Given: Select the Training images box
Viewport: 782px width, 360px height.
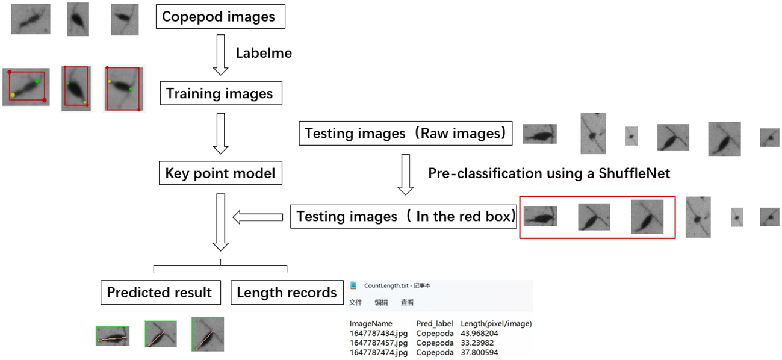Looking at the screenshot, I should pyautogui.click(x=220, y=94).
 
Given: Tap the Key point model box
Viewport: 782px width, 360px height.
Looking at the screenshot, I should pyautogui.click(x=220, y=174).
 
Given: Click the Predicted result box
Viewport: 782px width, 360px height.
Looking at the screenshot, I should pyautogui.click(x=160, y=293).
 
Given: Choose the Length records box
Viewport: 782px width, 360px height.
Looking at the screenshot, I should pyautogui.click(x=287, y=293).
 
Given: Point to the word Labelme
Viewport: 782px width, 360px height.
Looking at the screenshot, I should pyautogui.click(x=264, y=53).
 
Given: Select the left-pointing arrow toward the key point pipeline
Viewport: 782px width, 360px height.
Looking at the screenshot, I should pyautogui.click(x=258, y=217).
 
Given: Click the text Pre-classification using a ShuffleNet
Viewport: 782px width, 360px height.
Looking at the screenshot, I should pyautogui.click(x=548, y=173).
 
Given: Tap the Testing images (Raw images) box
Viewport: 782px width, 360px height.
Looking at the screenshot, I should pyautogui.click(x=406, y=133).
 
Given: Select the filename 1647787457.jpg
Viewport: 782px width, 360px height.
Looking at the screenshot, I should pyautogui.click(x=379, y=343).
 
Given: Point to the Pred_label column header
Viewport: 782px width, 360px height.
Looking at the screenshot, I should pyautogui.click(x=434, y=323).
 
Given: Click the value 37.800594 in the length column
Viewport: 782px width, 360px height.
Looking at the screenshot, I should pyautogui.click(x=479, y=352).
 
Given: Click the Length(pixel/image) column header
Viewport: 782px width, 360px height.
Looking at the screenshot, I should pyautogui.click(x=496, y=323).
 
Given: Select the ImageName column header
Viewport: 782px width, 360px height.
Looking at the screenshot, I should pyautogui.click(x=371, y=323).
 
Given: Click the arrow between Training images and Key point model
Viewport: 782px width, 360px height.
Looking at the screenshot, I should pyautogui.click(x=221, y=134).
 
